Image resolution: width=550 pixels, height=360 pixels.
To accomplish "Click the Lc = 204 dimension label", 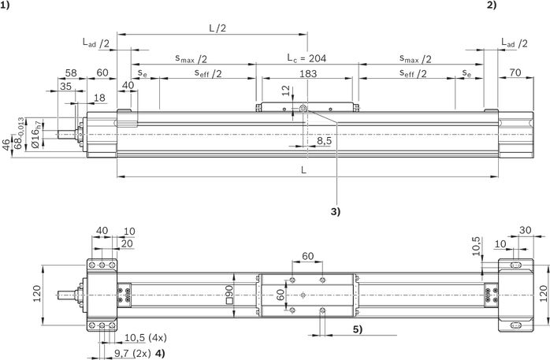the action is pos(307,58).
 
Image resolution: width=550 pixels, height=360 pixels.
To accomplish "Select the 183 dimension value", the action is pos(308,73).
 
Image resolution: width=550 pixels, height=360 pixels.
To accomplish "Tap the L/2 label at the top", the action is pos(217,28).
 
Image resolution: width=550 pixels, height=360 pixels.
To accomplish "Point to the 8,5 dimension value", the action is pos(324,140).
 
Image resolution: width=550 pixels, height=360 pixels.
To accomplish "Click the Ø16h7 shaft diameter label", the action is pos(35,134).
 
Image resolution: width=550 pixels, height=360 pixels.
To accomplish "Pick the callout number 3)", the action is pos(336,211).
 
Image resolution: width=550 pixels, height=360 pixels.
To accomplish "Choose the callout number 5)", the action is pos(358,329).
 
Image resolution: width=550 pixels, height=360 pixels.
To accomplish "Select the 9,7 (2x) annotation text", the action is pos(132,353).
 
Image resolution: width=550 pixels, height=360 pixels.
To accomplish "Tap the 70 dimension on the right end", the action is pos(515,72).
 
